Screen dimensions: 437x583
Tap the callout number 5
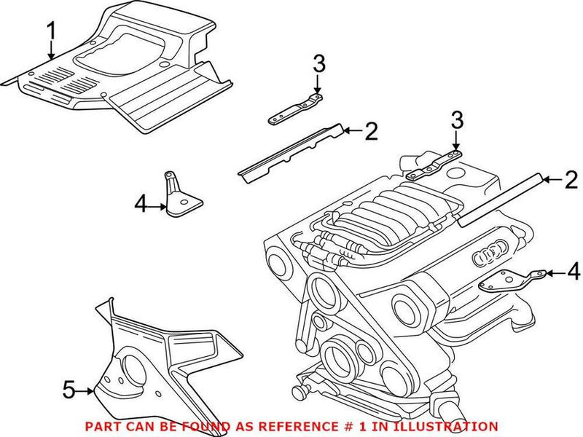tap(68, 390)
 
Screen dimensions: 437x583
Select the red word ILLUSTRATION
tap(451, 426)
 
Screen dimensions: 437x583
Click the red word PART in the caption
tap(103, 426)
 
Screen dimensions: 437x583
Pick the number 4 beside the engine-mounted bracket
tap(574, 272)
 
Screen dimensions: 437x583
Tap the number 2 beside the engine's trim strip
tap(571, 178)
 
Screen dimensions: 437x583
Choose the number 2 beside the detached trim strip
tap(372, 131)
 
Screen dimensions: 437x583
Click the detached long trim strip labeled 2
tap(291, 153)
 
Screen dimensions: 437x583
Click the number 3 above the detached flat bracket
tap(318, 64)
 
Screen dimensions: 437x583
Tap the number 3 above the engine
tap(456, 118)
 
